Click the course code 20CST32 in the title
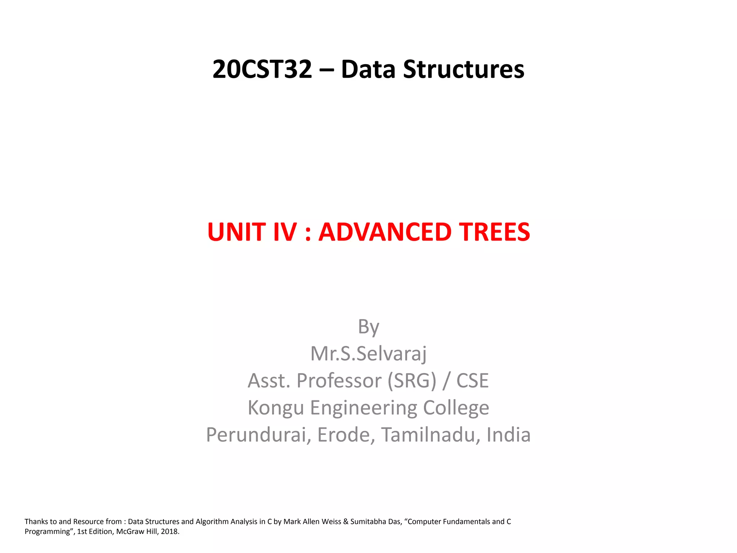262,69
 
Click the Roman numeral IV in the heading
285,232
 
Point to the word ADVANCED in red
385,232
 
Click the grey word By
368,327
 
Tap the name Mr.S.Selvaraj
368,354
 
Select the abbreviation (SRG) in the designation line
412,381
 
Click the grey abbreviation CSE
473,381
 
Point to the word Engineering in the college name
363,408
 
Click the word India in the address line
508,435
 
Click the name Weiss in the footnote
331,522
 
